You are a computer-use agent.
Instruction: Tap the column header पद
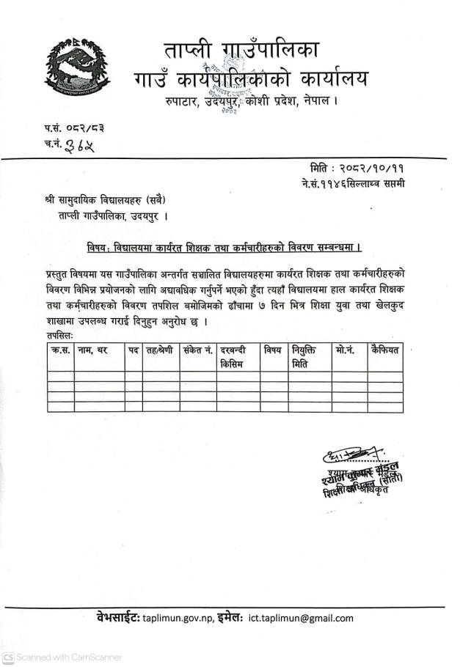[x=133, y=350]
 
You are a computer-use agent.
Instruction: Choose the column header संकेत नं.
[x=197, y=350]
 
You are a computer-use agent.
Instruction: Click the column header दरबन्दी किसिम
[x=237, y=356]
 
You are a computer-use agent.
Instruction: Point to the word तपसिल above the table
[x=58, y=335]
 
